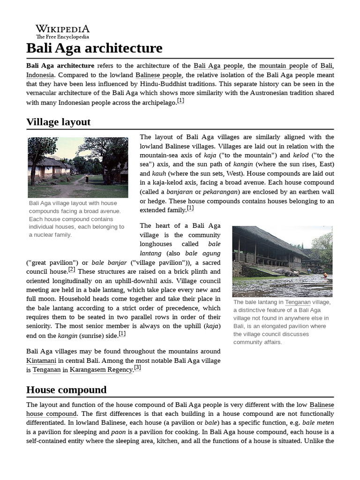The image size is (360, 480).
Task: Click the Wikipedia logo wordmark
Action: [62, 29]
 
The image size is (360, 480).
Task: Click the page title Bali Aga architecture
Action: [94, 48]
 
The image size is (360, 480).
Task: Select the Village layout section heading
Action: [58, 122]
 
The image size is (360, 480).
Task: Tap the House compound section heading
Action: [66, 390]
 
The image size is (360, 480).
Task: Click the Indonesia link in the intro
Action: [40, 75]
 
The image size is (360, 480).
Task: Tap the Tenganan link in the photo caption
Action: [298, 302]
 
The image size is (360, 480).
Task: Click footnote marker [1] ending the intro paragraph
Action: [180, 101]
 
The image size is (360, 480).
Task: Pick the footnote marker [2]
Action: [71, 269]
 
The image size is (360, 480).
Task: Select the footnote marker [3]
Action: [137, 368]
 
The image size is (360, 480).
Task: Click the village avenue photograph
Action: [78, 167]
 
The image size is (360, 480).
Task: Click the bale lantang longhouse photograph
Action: [282, 261]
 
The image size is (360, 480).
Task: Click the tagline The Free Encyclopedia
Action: [62, 37]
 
